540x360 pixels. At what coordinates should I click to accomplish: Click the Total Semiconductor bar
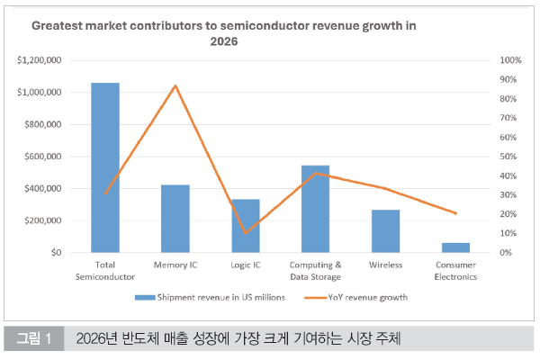(105, 167)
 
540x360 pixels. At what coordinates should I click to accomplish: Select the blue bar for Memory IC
(175, 219)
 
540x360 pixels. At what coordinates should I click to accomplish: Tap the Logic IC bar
(246, 226)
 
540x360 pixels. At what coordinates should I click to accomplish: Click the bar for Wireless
(385, 231)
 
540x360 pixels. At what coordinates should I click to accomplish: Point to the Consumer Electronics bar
(455, 247)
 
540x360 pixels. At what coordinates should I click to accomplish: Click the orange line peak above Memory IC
(175, 85)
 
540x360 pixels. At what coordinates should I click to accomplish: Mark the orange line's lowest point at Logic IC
(246, 233)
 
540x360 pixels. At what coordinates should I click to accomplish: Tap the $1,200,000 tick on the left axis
(40, 60)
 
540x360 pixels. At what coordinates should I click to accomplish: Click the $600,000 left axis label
(42, 157)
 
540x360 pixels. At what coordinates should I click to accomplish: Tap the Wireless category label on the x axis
(385, 265)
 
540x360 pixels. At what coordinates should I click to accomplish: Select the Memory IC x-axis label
(175, 265)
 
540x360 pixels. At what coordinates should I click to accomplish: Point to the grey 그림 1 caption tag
(34, 339)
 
